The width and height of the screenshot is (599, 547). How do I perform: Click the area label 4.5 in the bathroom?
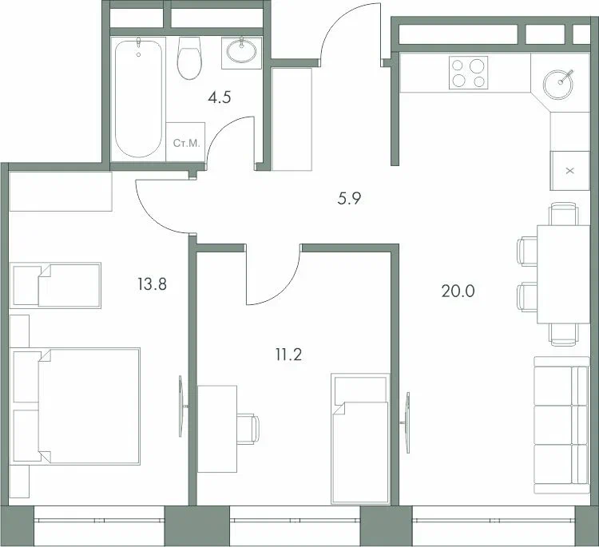point(220,98)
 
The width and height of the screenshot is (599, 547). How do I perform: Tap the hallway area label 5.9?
point(350,200)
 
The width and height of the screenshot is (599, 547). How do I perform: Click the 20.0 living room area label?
point(458,291)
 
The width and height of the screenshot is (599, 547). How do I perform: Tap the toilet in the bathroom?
point(189,59)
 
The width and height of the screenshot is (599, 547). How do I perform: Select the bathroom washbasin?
point(241,50)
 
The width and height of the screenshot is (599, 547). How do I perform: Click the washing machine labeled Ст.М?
point(185,142)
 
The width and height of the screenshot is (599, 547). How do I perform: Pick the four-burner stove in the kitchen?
point(468,73)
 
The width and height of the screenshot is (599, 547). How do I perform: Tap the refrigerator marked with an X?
point(569,170)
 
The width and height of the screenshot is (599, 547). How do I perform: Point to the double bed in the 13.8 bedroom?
point(78,405)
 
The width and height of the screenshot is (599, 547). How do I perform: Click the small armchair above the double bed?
point(57,285)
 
